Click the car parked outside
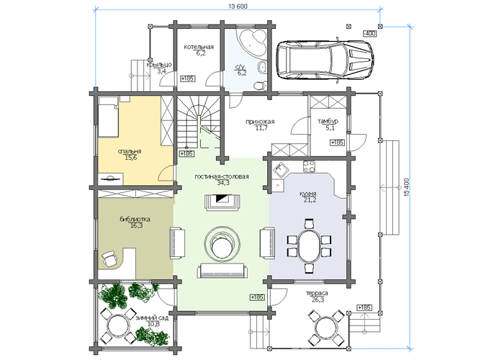325,60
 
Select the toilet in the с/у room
260,86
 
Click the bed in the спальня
108,117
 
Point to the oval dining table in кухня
309,246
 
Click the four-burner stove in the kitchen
309,166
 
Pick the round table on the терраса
326,328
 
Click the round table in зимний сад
117,326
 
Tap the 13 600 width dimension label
238,6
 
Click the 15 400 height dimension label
407,187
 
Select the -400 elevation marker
369,33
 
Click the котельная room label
199,47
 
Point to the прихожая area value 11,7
261,128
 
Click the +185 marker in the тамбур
337,143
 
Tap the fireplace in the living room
222,202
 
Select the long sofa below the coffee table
222,271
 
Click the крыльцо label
159,65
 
